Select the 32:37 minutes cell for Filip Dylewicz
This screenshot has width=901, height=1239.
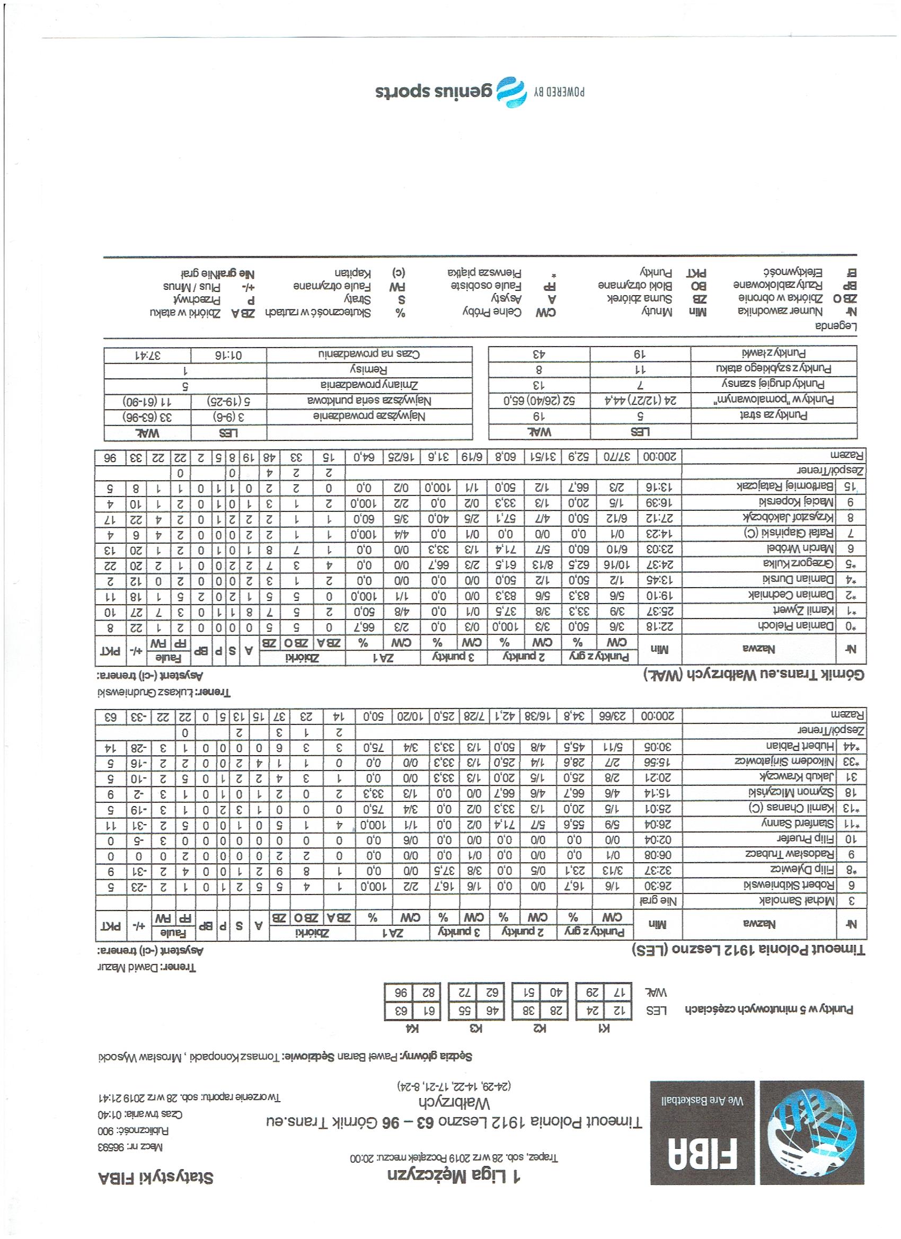click(x=661, y=884)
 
